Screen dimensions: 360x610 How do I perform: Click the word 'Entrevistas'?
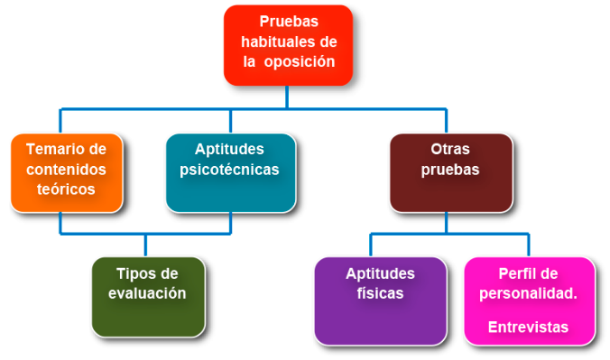[x=529, y=327]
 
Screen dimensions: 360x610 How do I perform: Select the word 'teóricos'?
[x=66, y=189]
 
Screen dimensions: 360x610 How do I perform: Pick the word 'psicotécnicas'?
[x=230, y=169]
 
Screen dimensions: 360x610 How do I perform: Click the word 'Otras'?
[x=450, y=148]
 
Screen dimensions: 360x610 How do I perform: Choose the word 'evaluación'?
[x=147, y=293]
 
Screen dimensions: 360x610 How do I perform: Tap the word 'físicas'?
[x=380, y=293]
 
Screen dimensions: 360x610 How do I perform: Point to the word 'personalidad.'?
[x=529, y=293]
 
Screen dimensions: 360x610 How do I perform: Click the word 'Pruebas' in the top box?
[x=289, y=21]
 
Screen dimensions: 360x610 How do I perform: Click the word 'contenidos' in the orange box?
[x=66, y=169]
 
